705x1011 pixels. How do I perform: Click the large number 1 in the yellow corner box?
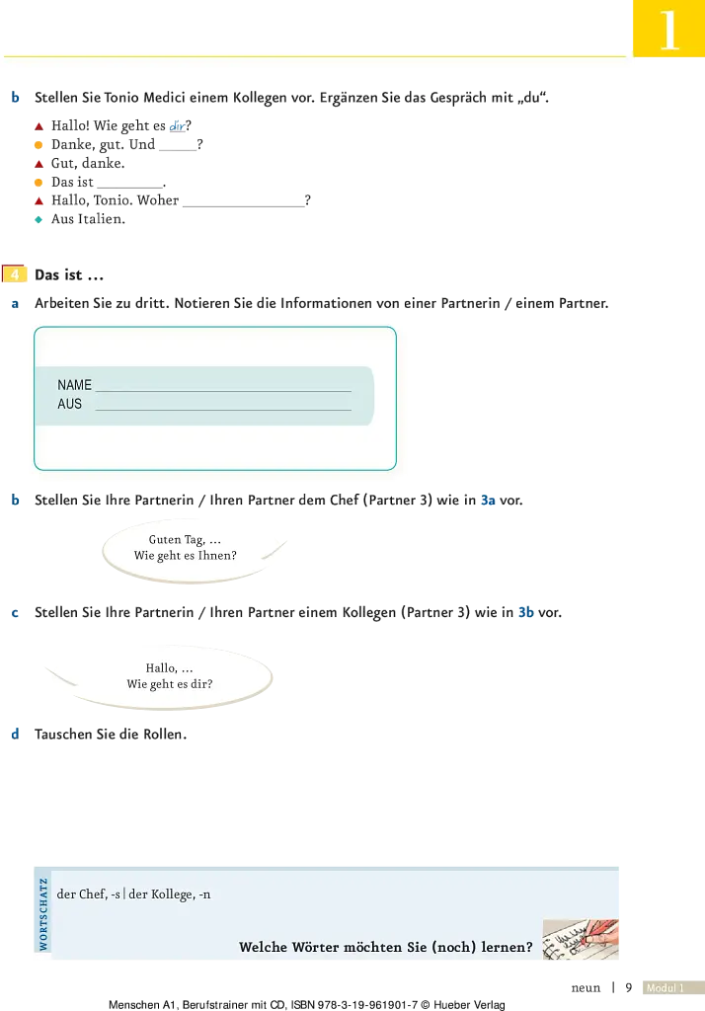tap(669, 30)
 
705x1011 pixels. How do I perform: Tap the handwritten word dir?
tap(177, 125)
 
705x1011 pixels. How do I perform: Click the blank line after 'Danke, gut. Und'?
tap(178, 150)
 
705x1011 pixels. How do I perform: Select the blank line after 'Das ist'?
tap(130, 187)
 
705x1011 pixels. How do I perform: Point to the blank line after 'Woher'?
tap(244, 205)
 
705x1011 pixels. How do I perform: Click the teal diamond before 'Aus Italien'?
tap(39, 219)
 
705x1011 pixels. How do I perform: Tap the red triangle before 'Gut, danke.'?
tap(39, 164)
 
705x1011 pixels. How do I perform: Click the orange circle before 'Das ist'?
tap(39, 183)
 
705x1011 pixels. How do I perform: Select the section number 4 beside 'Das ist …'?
tap(15, 274)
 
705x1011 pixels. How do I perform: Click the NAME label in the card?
tap(74, 385)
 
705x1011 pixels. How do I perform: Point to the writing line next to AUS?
tap(223, 410)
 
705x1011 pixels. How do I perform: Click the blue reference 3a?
tap(489, 501)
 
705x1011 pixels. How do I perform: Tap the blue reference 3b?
tap(526, 612)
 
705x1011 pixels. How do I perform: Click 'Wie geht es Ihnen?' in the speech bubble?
tap(185, 555)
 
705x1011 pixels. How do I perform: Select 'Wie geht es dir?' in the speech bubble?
tap(170, 684)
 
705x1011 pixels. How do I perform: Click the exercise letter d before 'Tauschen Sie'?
tap(15, 734)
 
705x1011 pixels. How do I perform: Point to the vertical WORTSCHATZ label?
tap(43, 913)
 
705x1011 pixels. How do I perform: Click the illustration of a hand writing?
tap(581, 940)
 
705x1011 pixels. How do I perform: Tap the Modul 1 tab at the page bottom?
tap(665, 987)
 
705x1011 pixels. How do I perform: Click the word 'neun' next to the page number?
tap(586, 987)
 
